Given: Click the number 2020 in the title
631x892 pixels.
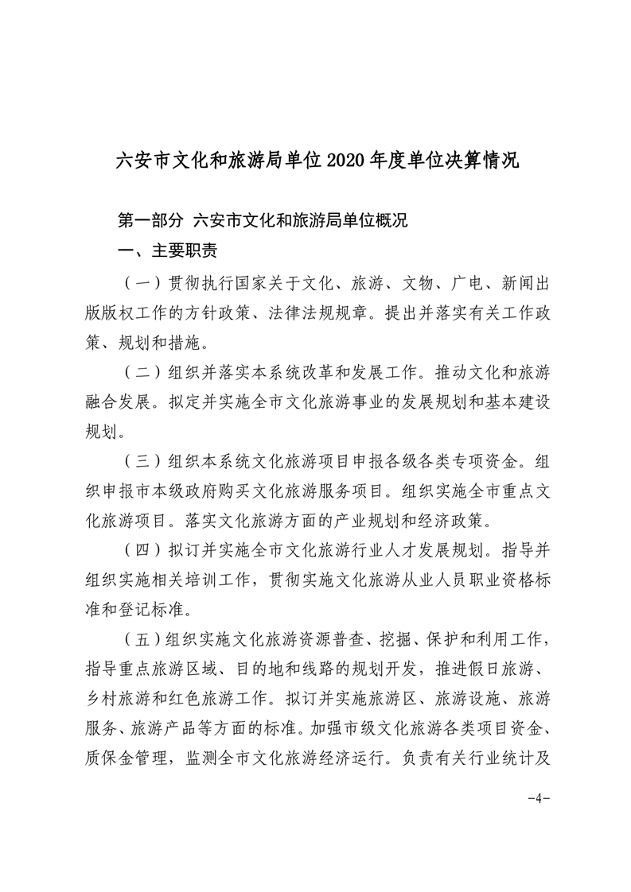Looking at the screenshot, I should pyautogui.click(x=345, y=161).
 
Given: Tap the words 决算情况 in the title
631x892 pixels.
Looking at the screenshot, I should pyautogui.click(x=477, y=161).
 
